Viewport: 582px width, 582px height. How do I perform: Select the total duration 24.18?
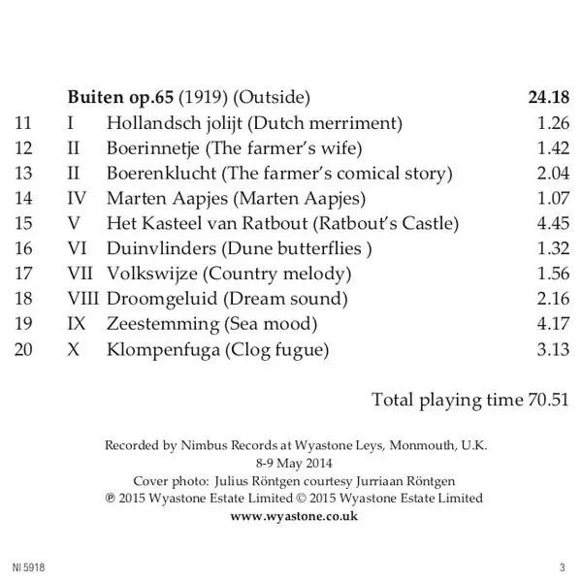pos(545,98)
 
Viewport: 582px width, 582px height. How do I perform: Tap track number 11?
pos(24,123)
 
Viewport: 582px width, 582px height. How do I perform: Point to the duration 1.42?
pos(552,148)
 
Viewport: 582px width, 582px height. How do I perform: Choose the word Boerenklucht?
pos(161,174)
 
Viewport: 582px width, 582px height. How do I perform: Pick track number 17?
pos(24,274)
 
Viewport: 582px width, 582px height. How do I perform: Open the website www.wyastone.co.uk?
pos(295,515)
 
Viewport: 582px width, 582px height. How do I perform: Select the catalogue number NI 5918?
pos(27,566)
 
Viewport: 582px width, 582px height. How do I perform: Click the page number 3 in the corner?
pos(562,566)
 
